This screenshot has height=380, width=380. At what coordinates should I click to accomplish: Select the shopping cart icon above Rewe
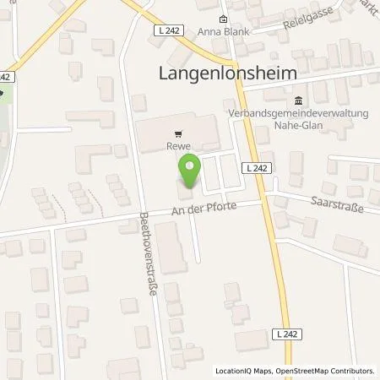tap(177, 133)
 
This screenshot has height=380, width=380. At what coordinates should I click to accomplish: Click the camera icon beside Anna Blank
tap(222, 20)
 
